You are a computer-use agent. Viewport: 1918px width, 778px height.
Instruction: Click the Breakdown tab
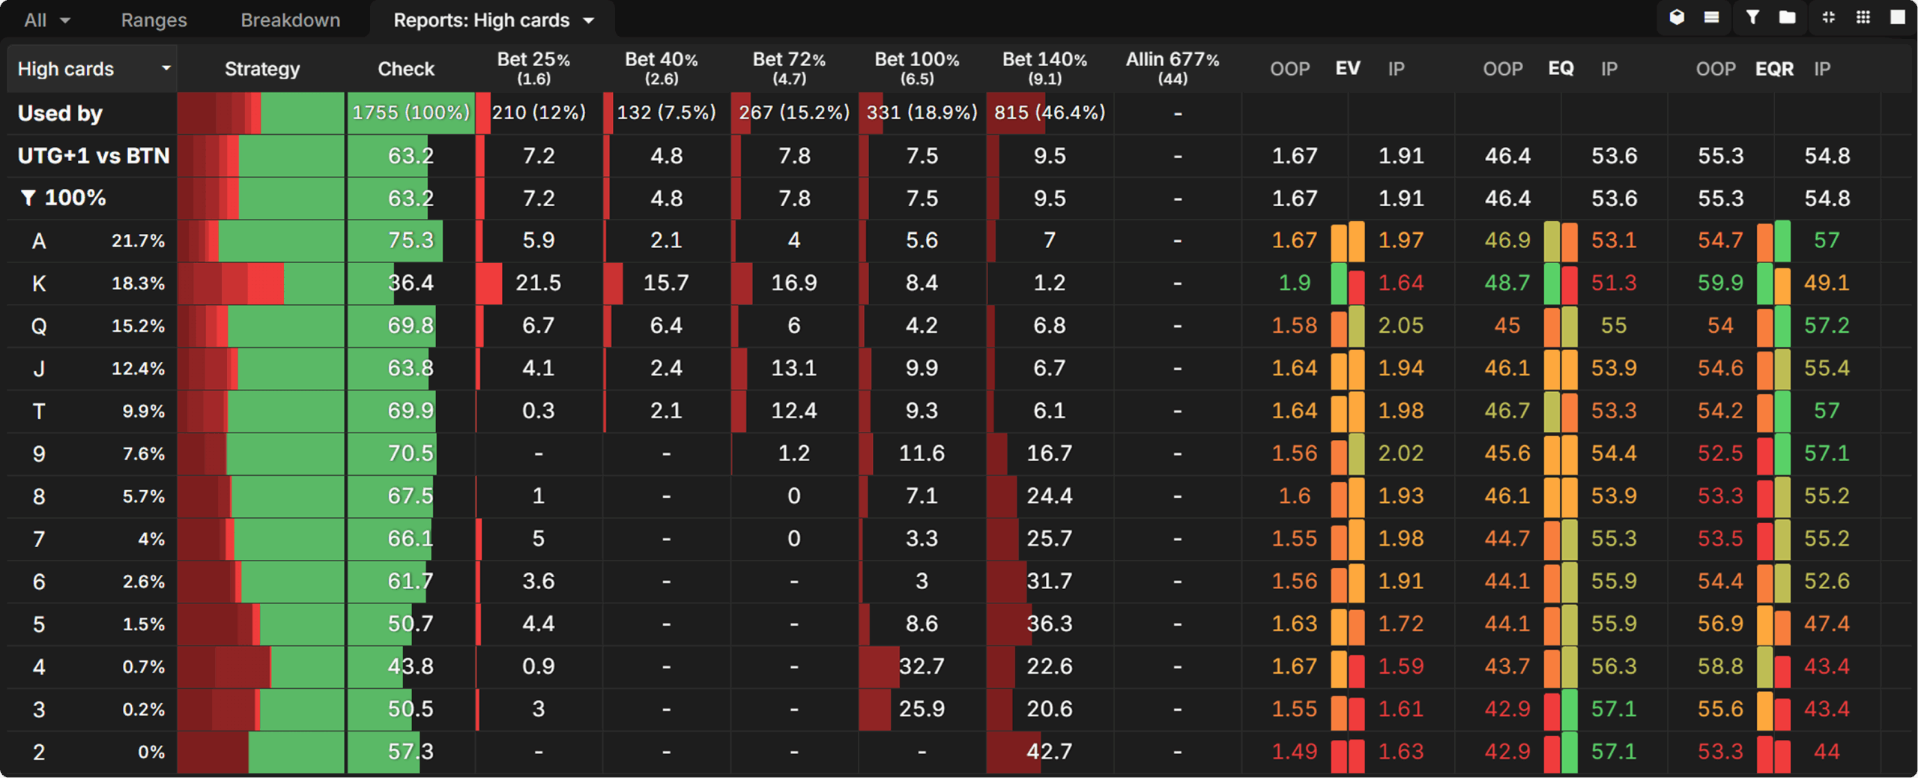click(x=290, y=20)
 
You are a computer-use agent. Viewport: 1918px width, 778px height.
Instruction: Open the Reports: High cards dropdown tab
click(x=493, y=20)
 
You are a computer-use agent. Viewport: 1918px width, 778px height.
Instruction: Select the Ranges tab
click(x=154, y=20)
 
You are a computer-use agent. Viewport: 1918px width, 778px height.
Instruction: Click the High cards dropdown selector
click(x=93, y=69)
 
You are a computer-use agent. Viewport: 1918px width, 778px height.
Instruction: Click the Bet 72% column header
click(x=789, y=67)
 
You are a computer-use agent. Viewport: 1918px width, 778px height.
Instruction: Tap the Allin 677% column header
click(x=1172, y=67)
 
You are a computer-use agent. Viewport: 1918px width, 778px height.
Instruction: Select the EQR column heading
click(x=1773, y=69)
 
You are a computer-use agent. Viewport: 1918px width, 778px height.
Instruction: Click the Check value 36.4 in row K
click(x=411, y=283)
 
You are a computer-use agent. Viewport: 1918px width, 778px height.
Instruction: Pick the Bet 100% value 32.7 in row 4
click(x=921, y=666)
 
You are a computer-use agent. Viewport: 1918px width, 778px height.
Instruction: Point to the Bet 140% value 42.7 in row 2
click(x=1049, y=751)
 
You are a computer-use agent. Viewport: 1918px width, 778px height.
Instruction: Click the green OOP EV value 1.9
click(x=1294, y=283)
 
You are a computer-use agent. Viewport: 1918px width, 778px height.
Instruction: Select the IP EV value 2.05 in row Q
click(x=1400, y=325)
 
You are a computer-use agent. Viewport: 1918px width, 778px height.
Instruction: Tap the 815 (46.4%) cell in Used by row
click(x=1049, y=112)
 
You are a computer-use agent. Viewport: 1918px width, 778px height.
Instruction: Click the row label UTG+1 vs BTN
click(x=94, y=156)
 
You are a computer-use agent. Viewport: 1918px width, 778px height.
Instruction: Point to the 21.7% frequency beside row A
click(x=138, y=241)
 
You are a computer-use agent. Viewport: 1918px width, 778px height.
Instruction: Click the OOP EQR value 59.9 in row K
click(x=1720, y=283)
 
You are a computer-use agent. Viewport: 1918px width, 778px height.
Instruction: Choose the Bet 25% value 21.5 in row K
click(x=538, y=283)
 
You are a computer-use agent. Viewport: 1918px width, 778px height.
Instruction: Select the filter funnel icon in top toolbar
click(x=1752, y=17)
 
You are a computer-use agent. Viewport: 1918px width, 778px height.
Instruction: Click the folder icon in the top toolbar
click(x=1787, y=17)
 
